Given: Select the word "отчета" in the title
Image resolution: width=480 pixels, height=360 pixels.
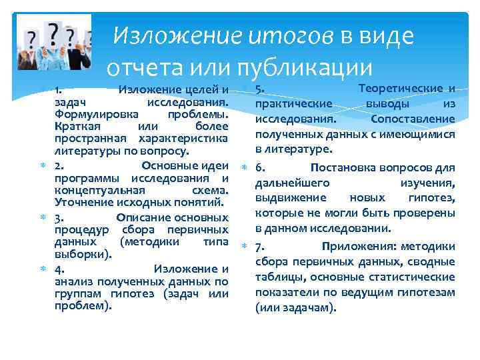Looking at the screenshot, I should [x=144, y=67].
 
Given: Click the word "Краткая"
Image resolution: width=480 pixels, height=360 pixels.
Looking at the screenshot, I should [x=75, y=126].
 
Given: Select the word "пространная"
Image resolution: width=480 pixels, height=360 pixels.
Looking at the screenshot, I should [x=93, y=138].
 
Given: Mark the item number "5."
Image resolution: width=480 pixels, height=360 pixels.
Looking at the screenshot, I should [x=260, y=89].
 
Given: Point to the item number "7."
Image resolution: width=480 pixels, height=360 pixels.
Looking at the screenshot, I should [x=260, y=246].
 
